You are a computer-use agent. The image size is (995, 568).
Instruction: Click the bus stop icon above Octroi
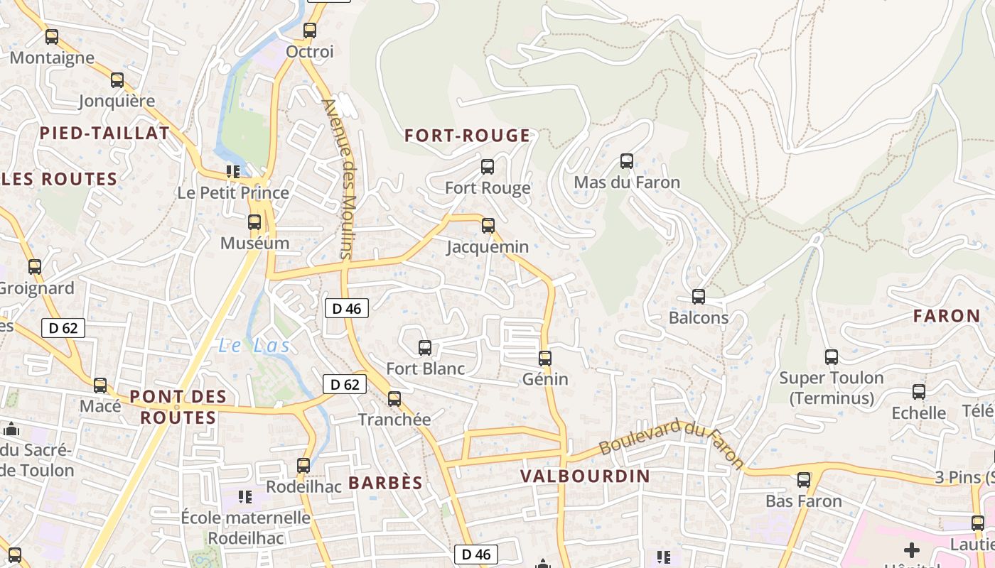click(x=309, y=31)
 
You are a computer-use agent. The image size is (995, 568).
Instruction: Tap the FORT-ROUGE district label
click(x=468, y=136)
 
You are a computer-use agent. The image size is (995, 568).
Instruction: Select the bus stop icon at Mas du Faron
click(x=626, y=161)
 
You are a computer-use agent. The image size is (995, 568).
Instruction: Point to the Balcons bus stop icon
click(x=699, y=297)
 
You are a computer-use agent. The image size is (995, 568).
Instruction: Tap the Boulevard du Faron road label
click(x=672, y=444)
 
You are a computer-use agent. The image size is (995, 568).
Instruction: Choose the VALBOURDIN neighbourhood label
click(x=585, y=476)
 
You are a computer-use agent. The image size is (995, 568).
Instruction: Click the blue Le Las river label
click(x=254, y=346)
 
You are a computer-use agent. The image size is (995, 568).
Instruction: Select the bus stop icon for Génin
click(x=545, y=359)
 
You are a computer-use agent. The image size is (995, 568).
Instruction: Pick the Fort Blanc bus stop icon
click(x=425, y=347)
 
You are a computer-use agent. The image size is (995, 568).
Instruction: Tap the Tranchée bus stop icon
click(x=394, y=399)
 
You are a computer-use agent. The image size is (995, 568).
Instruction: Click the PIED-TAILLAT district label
click(x=104, y=133)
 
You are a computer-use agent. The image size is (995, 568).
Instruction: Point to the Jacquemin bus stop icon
click(x=488, y=226)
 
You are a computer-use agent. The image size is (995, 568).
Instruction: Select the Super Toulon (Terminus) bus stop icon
click(x=832, y=357)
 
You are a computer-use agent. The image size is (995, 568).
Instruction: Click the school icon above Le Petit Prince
click(x=232, y=171)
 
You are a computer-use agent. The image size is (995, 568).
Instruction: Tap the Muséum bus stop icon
click(x=254, y=222)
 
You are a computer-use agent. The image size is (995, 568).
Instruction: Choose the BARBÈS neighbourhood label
click(x=385, y=483)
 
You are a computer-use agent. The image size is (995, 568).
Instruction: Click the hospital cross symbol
click(x=911, y=550)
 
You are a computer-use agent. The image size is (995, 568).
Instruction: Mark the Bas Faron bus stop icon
click(x=804, y=480)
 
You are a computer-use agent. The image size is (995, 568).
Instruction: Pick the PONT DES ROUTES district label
click(x=178, y=407)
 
